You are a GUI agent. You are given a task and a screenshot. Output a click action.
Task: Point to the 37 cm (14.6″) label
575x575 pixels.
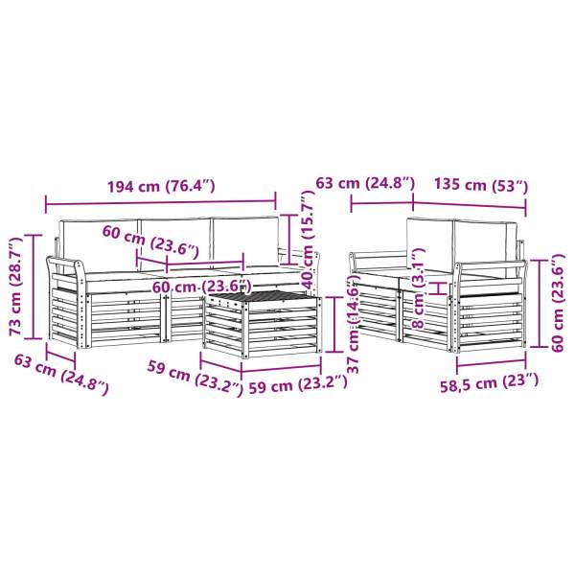353,327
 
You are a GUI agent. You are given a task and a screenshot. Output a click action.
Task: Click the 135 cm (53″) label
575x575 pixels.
480,183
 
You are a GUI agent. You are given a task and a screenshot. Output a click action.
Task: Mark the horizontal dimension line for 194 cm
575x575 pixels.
160,201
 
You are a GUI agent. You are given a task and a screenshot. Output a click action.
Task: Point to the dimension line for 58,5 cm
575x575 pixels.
491,363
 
